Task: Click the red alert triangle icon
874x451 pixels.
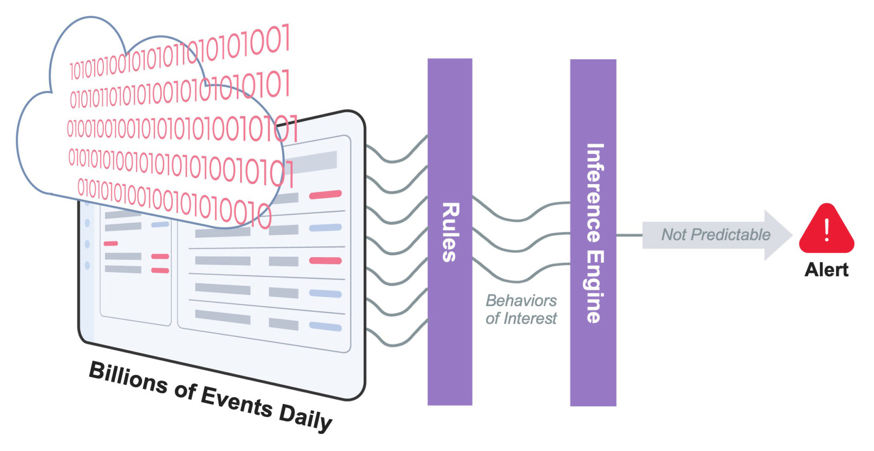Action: pyautogui.click(x=827, y=229)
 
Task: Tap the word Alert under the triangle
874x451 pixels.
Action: pyautogui.click(x=827, y=270)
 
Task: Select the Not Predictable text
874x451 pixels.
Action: pyautogui.click(x=716, y=235)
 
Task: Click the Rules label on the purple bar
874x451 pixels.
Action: pyautogui.click(x=450, y=232)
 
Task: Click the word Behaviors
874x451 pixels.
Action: pyautogui.click(x=521, y=301)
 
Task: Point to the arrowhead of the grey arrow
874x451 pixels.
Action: pyautogui.click(x=791, y=235)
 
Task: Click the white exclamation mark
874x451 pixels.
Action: pyautogui.click(x=827, y=230)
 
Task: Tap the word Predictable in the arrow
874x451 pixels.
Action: pyautogui.click(x=731, y=235)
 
